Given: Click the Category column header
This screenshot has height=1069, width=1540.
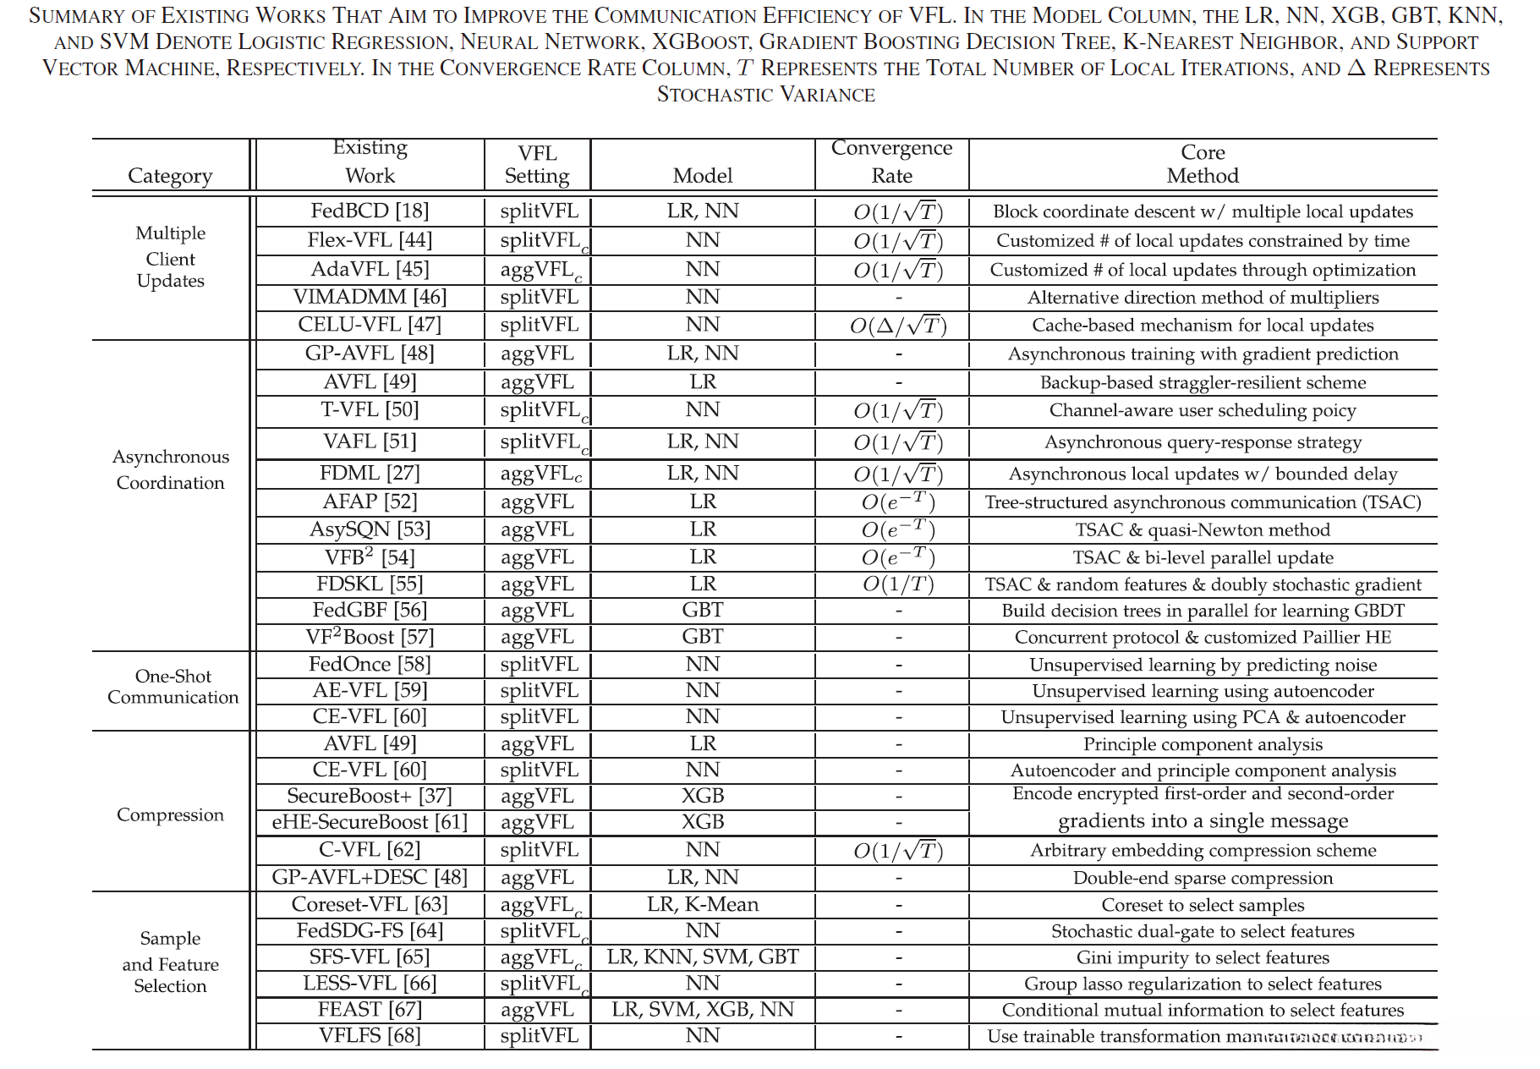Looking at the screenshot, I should pyautogui.click(x=170, y=175).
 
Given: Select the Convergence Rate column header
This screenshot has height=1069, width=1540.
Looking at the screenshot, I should pyautogui.click(x=891, y=162).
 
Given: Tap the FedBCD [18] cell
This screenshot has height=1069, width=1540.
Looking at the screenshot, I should pyautogui.click(x=370, y=211).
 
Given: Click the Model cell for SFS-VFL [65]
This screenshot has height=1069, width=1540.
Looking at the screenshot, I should pyautogui.click(x=703, y=957).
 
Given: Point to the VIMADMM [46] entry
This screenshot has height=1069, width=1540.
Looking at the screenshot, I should pyautogui.click(x=370, y=297).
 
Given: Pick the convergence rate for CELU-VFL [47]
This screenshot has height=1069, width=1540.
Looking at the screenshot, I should pyautogui.click(x=897, y=326).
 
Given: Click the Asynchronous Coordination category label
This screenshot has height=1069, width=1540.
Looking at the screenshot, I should pyautogui.click(x=170, y=469).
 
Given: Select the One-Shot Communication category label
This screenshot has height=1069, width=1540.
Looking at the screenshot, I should pyautogui.click(x=173, y=687).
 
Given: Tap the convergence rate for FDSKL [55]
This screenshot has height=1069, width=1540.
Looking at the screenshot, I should pyautogui.click(x=897, y=584).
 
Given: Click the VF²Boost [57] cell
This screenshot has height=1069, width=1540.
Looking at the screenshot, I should pyautogui.click(x=370, y=637).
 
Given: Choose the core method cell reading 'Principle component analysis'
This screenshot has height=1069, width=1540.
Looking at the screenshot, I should pyautogui.click(x=1203, y=744).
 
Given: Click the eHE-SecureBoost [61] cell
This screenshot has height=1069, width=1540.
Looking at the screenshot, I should pyautogui.click(x=370, y=822).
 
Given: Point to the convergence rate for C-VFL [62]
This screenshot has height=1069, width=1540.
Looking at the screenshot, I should pyautogui.click(x=897, y=851).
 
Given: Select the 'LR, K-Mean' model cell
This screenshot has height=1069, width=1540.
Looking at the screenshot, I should pyautogui.click(x=703, y=904).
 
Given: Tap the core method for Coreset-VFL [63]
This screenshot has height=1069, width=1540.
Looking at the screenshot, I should pyautogui.click(x=1203, y=905).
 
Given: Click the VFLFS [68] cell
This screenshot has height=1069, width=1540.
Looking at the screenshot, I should pyautogui.click(x=370, y=1035).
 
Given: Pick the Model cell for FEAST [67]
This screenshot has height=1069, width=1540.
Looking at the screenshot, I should pyautogui.click(x=703, y=1009).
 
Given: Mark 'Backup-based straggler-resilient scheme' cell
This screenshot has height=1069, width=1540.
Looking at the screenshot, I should pyautogui.click(x=1203, y=382).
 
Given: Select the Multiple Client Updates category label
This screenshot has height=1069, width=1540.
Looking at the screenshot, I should pyautogui.click(x=170, y=257).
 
